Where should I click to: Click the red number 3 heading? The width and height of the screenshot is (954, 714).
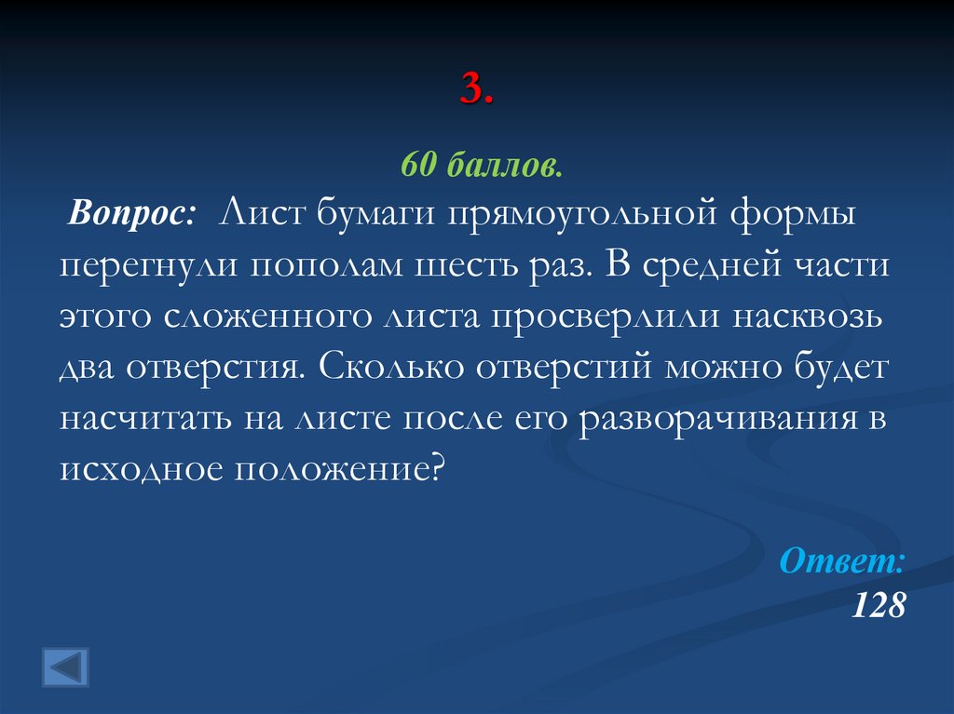point(476,90)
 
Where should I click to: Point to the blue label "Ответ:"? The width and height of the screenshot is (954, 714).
point(841,560)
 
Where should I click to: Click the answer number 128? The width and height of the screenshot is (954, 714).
point(878,605)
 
